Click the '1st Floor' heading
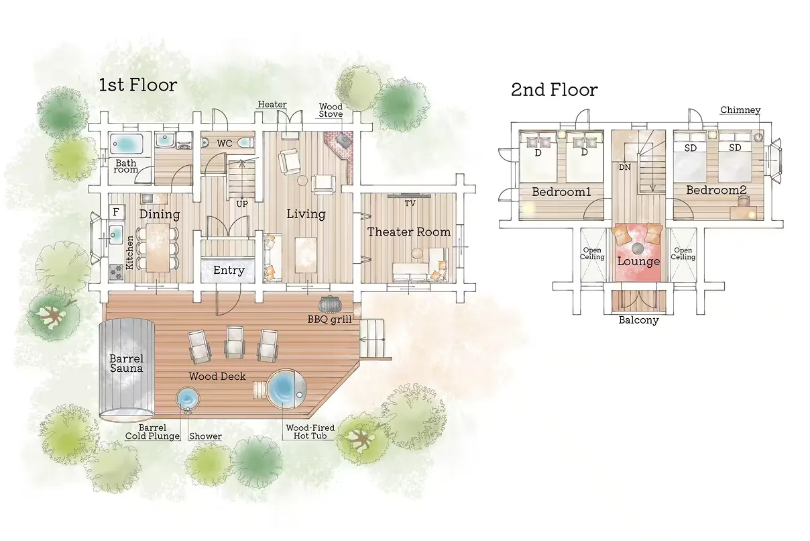tap(137, 85)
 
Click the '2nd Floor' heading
tap(554, 90)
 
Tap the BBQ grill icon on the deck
tap(329, 304)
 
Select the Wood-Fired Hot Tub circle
tap(287, 389)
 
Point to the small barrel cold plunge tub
tap(187, 398)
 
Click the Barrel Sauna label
tap(127, 363)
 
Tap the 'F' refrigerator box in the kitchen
tap(116, 211)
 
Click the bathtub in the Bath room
tap(127, 144)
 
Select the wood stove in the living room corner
tap(343, 139)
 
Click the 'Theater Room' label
tap(409, 232)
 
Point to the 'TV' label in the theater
tap(410, 203)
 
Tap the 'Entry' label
tap(229, 270)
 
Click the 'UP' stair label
tap(242, 204)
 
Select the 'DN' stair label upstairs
tap(624, 167)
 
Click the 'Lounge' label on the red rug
tap(638, 261)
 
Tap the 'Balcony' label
tap(638, 320)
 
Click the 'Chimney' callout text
tap(740, 109)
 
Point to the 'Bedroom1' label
tap(561, 192)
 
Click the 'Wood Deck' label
tap(217, 377)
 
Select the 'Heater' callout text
tap(272, 104)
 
